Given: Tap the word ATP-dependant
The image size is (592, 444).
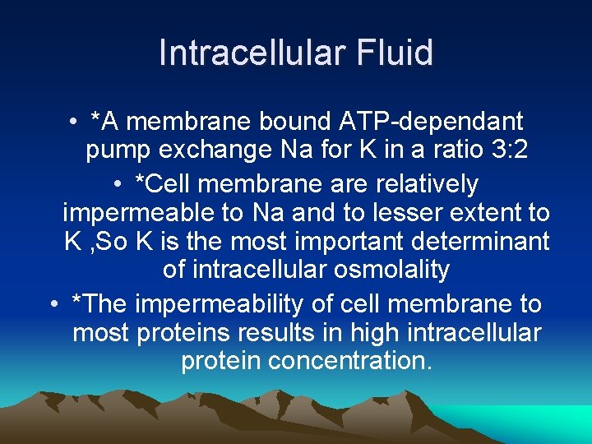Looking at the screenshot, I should [431, 122].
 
